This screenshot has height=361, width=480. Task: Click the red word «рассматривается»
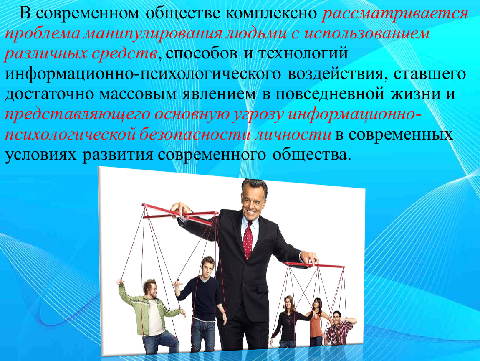point(395,14)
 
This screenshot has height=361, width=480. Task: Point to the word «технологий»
point(303,53)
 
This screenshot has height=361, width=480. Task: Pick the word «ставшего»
point(429,74)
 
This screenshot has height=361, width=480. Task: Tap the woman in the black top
point(289,322)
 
